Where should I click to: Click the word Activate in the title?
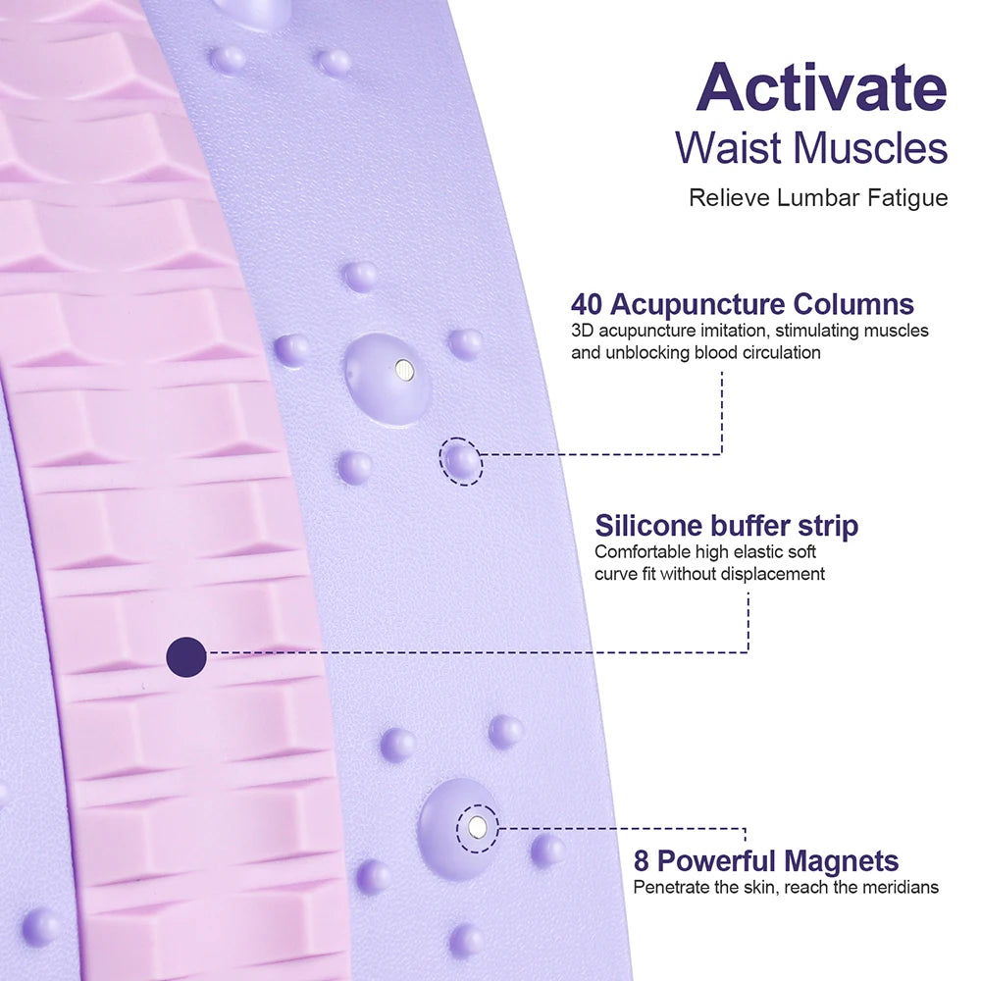coord(821,88)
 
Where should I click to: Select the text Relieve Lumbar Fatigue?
coord(818,198)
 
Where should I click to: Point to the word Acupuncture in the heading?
coord(702,305)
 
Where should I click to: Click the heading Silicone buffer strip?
coord(726,526)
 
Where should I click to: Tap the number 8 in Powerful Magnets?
coord(642,861)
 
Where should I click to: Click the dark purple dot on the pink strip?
coord(186,656)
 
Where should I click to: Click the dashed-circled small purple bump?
coord(461,460)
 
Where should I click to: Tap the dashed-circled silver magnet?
coord(478,828)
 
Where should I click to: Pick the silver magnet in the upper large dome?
coord(403,370)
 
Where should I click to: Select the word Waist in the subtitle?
coord(729,148)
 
